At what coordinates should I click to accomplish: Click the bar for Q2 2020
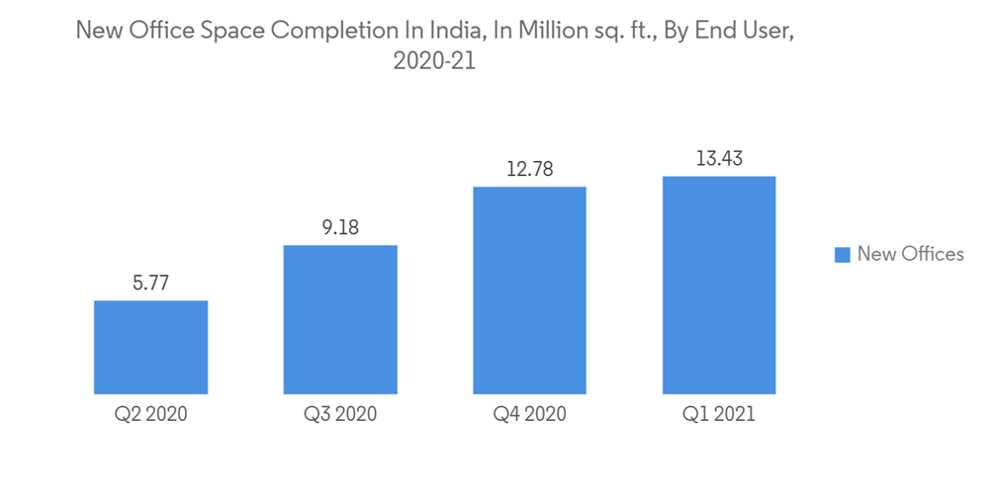pyautogui.click(x=150, y=347)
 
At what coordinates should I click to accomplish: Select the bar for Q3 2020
pyautogui.click(x=340, y=319)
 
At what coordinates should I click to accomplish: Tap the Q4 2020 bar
pyautogui.click(x=529, y=290)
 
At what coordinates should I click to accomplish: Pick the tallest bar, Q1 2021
pyautogui.click(x=719, y=285)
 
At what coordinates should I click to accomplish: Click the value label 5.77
pyautogui.click(x=150, y=284)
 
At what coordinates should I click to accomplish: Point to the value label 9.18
pyautogui.click(x=340, y=228)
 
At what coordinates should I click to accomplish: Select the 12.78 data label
pyautogui.click(x=529, y=169)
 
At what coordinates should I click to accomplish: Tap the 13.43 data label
pyautogui.click(x=719, y=158)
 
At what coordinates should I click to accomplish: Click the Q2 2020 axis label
pyautogui.click(x=150, y=414)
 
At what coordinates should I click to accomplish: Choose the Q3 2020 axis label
pyautogui.click(x=340, y=414)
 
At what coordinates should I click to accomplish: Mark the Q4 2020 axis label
pyautogui.click(x=529, y=414)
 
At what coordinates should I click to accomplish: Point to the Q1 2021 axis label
pyautogui.click(x=719, y=414)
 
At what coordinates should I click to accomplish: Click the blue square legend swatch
pyautogui.click(x=843, y=255)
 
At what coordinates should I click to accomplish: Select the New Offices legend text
pyautogui.click(x=910, y=254)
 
